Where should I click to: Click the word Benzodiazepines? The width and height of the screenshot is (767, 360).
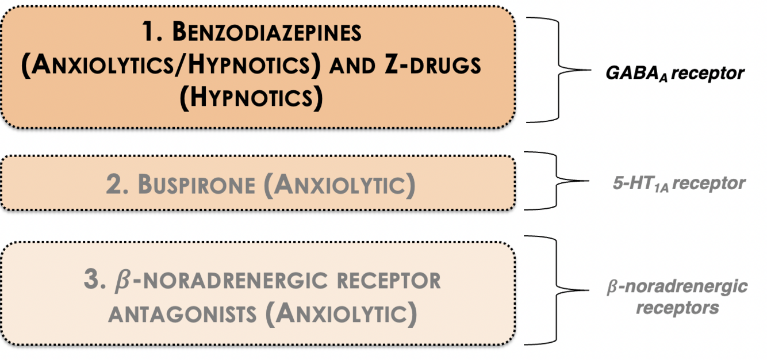tap(267, 33)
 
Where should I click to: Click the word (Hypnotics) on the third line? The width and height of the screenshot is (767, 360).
tap(251, 98)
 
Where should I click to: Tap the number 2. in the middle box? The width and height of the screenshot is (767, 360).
tap(117, 185)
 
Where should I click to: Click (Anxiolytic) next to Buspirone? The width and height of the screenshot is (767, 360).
tap(344, 185)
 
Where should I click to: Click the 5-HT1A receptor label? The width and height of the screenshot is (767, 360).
tap(679, 183)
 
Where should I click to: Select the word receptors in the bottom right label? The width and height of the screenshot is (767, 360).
tap(677, 307)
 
